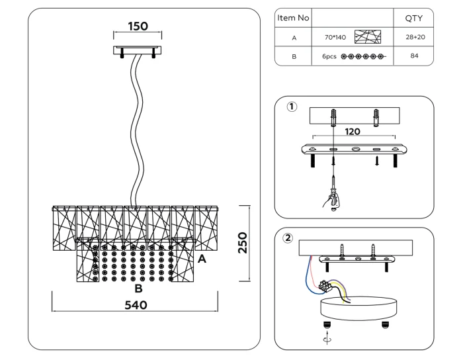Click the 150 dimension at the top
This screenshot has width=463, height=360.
[x=138, y=26]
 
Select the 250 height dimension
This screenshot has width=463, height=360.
[x=243, y=243]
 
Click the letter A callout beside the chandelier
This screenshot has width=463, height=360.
[x=202, y=259]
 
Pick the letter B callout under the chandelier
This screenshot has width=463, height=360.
[x=138, y=289]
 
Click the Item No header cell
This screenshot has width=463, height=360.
[x=292, y=19]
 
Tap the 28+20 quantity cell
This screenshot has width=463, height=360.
[x=413, y=38]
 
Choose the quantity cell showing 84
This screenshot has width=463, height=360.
[x=413, y=56]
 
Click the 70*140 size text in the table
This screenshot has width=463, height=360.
[x=335, y=38]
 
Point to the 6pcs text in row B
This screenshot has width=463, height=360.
[x=329, y=56]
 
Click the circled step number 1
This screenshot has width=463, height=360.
[x=290, y=107]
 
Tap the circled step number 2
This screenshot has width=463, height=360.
[x=288, y=238]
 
